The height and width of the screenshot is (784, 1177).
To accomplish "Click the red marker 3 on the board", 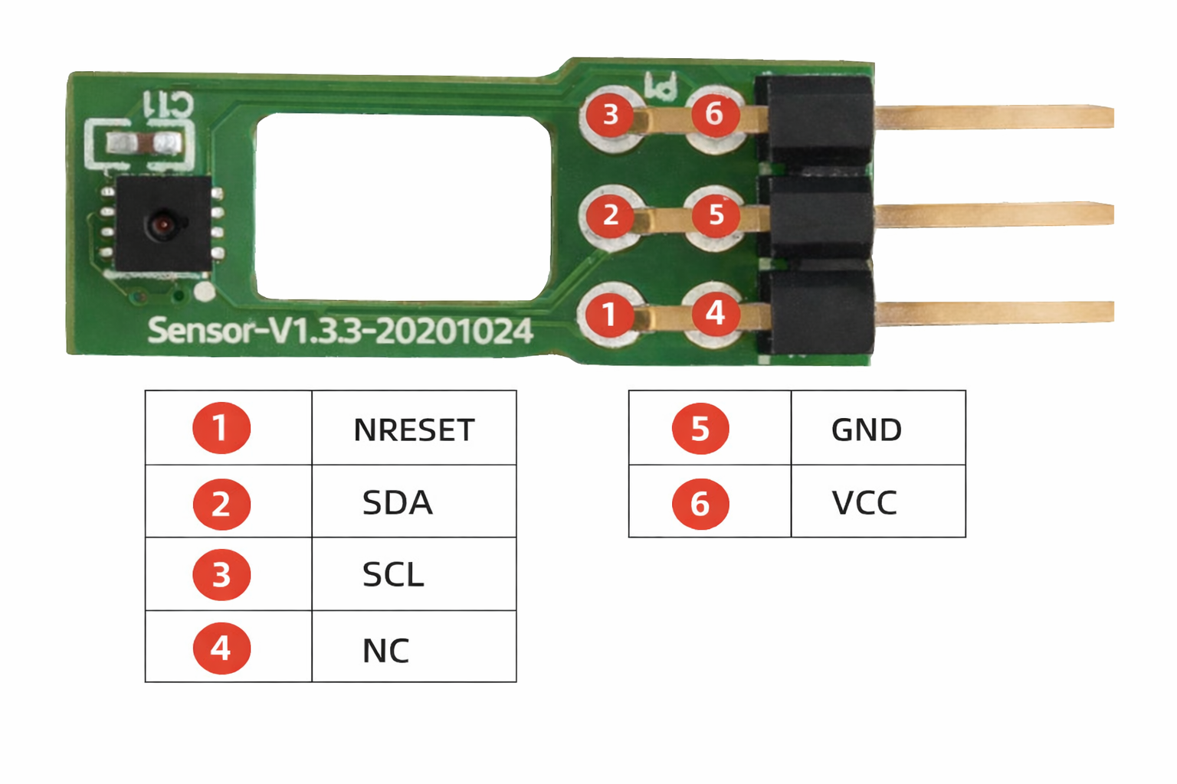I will [610, 115].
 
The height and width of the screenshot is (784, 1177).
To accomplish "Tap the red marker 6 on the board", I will [714, 114].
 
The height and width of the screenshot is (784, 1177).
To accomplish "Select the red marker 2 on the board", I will [610, 215].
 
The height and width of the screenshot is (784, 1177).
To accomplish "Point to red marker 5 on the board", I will [716, 214].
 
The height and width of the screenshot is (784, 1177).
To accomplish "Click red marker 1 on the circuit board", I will [609, 314].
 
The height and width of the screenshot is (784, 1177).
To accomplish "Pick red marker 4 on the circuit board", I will [715, 312].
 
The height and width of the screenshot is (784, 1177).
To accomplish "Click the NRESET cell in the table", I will [414, 430].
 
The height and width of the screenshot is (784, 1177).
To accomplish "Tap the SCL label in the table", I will [392, 575].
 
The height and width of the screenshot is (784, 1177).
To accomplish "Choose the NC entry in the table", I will [385, 651].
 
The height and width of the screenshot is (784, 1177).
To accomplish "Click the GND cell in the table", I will [866, 430].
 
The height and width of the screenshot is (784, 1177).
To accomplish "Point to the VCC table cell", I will [864, 503].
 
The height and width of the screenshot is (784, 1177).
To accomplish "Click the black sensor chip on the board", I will [162, 223].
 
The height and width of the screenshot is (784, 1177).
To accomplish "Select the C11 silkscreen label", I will [169, 104].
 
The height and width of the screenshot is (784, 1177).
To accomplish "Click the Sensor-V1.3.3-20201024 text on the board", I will [339, 331].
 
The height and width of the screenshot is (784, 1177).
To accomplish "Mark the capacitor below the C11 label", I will [144, 143].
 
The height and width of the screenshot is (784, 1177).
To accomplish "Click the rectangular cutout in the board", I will [403, 207].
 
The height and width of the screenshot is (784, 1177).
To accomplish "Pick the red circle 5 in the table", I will [700, 429].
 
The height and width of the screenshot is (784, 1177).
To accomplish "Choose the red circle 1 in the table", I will [221, 428].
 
